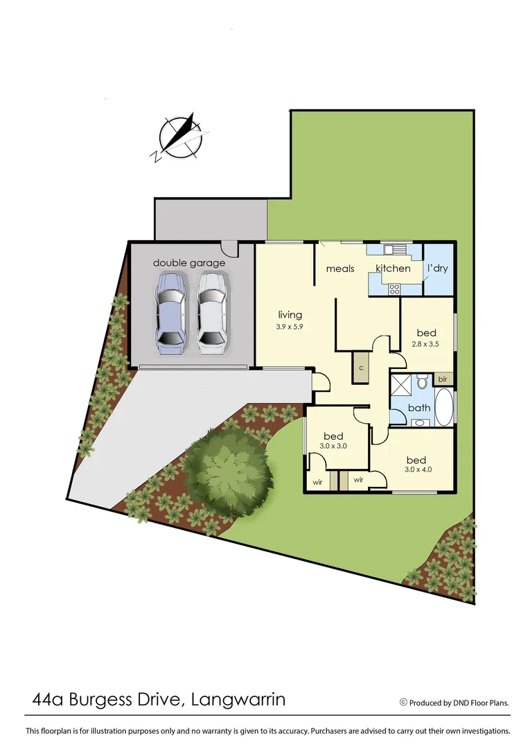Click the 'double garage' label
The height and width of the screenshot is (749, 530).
coord(189,263)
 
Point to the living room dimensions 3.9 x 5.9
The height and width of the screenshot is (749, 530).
coord(290,327)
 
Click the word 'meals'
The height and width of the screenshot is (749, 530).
coord(340,268)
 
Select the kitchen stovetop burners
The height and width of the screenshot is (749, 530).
coord(394,290)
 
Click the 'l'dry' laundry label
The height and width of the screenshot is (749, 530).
coord(438,268)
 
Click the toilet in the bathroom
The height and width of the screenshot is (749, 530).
coord(421,383)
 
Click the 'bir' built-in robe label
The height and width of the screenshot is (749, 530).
coord(443,379)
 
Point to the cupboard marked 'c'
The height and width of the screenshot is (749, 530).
coord(361,367)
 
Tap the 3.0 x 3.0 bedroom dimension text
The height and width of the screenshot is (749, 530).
coord(333,446)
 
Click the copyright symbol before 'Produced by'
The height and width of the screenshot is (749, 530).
coord(403,703)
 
